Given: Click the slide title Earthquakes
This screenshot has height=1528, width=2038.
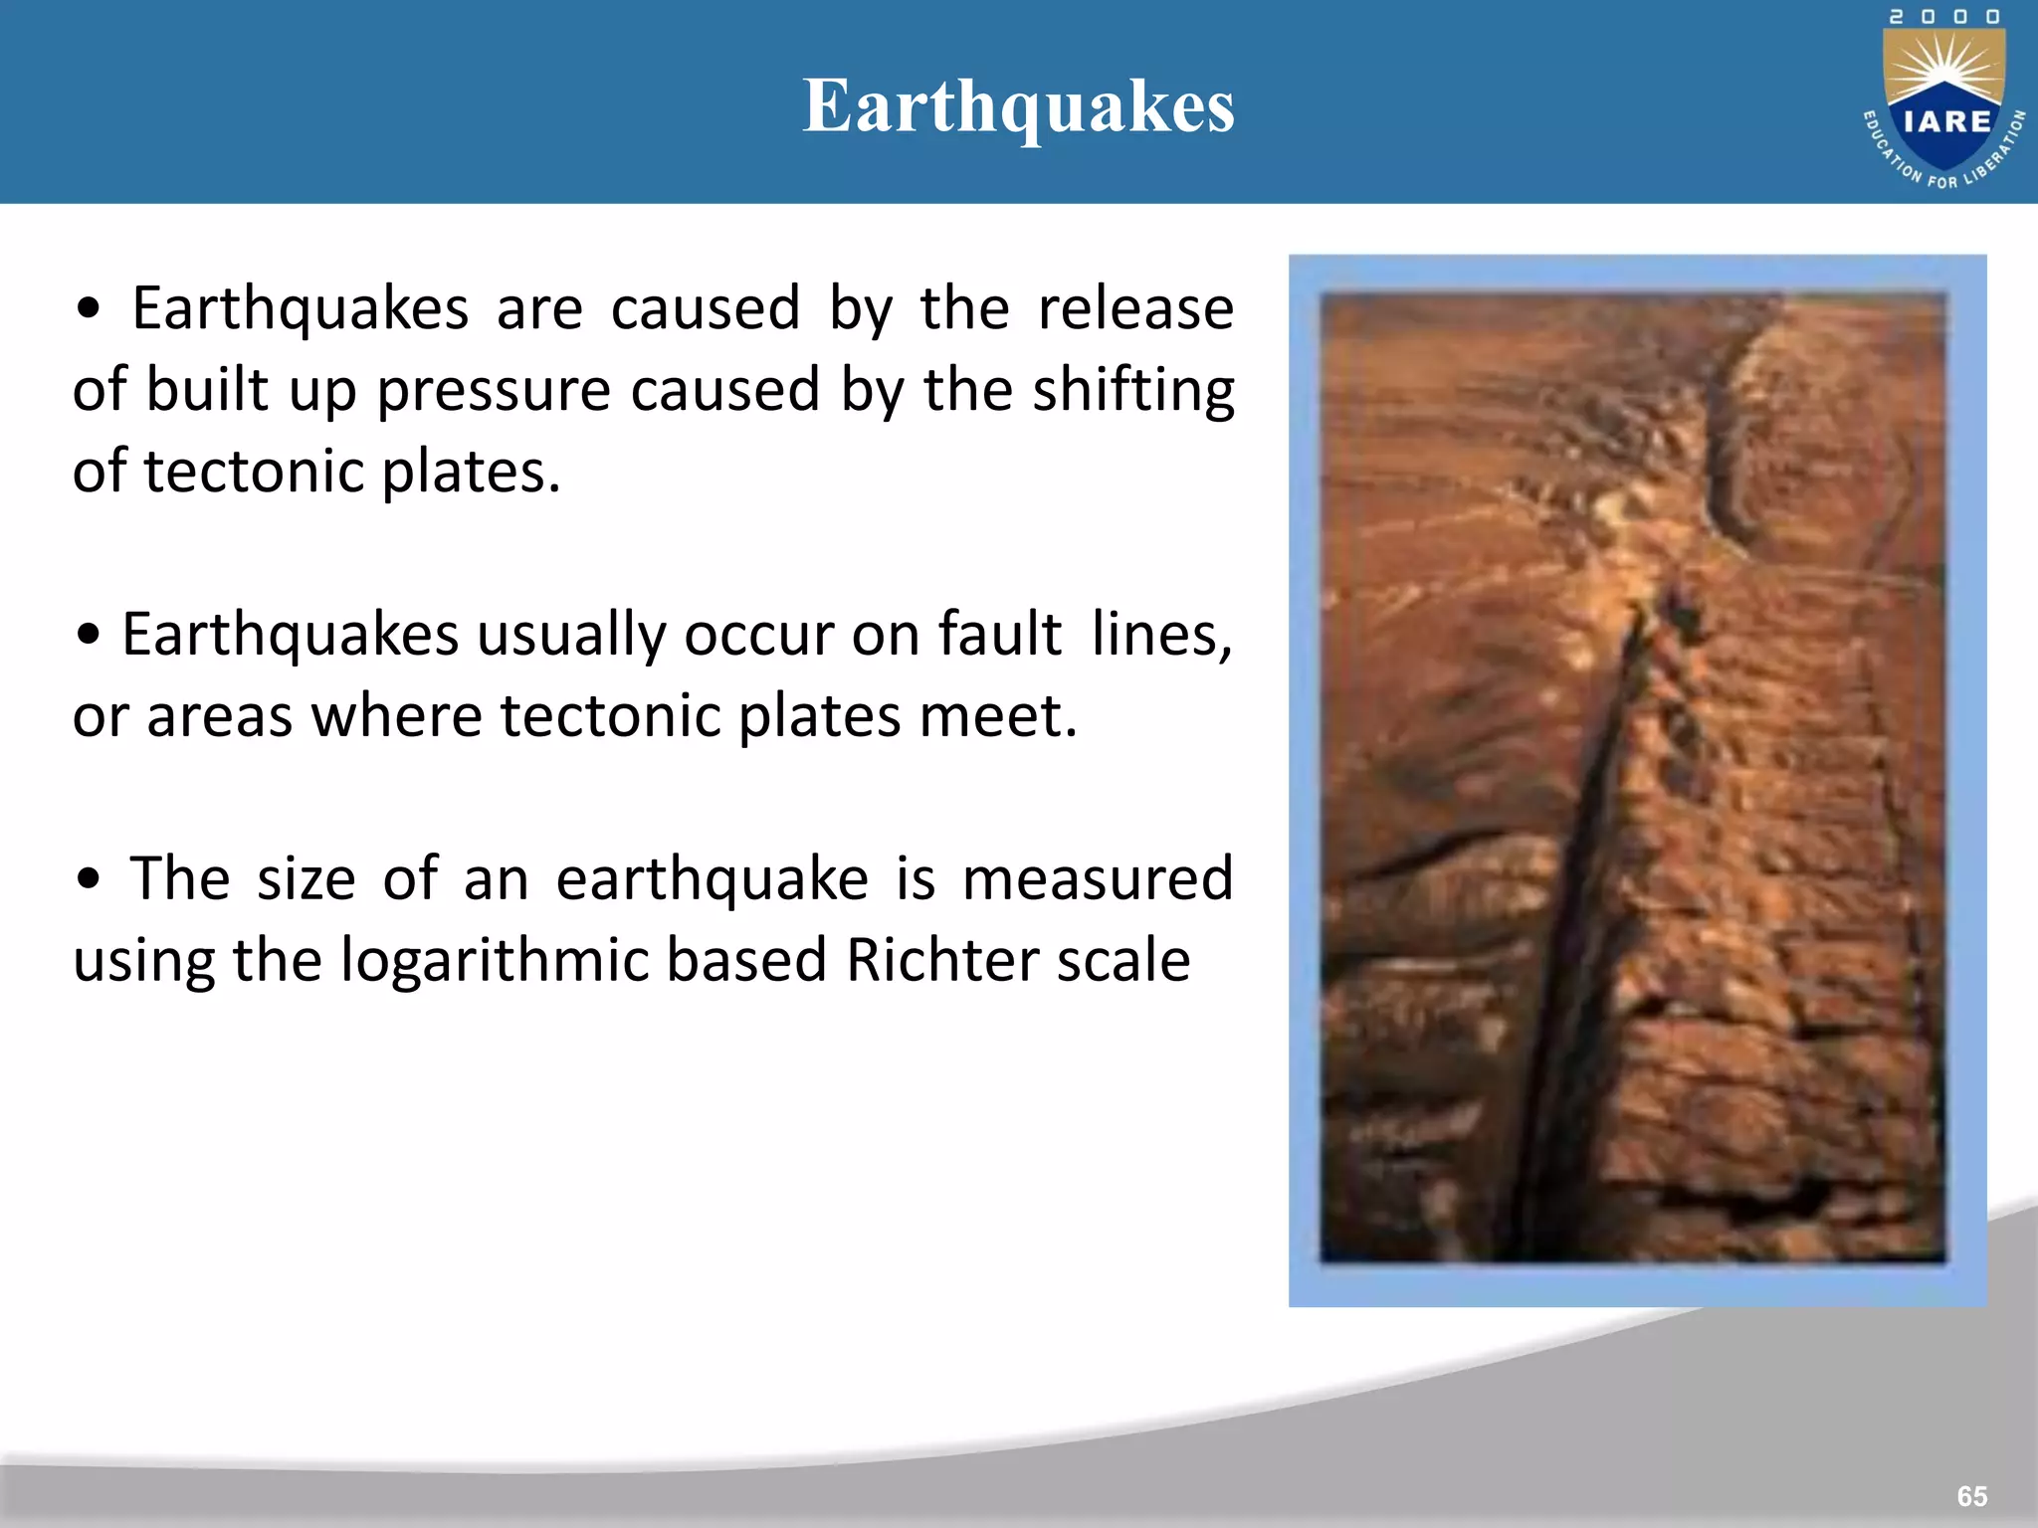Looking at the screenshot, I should click(x=1018, y=106).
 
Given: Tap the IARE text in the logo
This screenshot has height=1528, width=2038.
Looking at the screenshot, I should click(x=1946, y=121).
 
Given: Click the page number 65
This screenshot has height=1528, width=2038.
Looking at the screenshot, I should click(x=1971, y=1495).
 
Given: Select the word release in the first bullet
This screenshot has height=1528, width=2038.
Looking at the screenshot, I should click(x=1134, y=308).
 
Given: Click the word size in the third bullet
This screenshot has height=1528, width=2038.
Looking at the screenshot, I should click(x=306, y=879).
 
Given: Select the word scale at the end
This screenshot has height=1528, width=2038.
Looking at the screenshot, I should click(x=1122, y=961).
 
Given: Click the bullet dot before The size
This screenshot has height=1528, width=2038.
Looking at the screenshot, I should click(x=89, y=879).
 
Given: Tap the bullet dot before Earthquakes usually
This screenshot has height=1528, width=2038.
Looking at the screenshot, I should click(x=89, y=635).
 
